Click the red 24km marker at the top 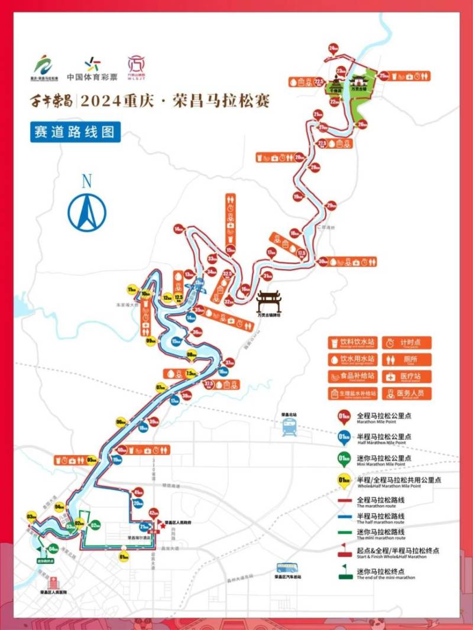click(333, 48)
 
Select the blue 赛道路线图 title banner click(75, 132)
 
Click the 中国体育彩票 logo click(92, 67)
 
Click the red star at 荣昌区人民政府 click(160, 523)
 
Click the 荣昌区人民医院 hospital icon click(53, 581)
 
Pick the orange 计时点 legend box click(407, 343)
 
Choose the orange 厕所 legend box click(407, 359)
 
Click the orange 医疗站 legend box click(407, 376)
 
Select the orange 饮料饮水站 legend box click(353, 343)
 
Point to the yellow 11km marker click(132, 289)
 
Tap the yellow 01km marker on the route click(124, 556)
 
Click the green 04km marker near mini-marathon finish click(53, 548)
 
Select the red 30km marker click(323, 261)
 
